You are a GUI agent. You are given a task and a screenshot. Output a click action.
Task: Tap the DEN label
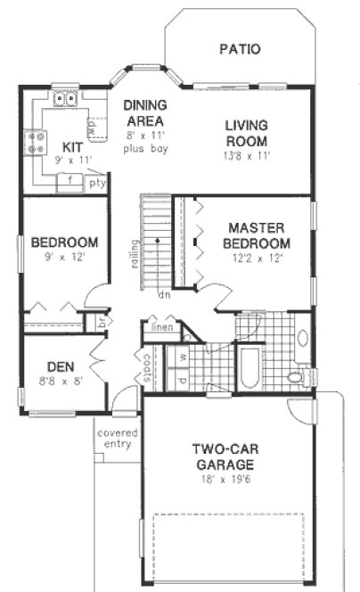coord(60,366)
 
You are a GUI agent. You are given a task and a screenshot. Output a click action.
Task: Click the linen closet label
coord(162,327)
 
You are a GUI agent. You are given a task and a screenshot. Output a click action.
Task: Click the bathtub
coord(247,370)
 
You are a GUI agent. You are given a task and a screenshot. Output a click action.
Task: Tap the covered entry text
coord(116,439)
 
